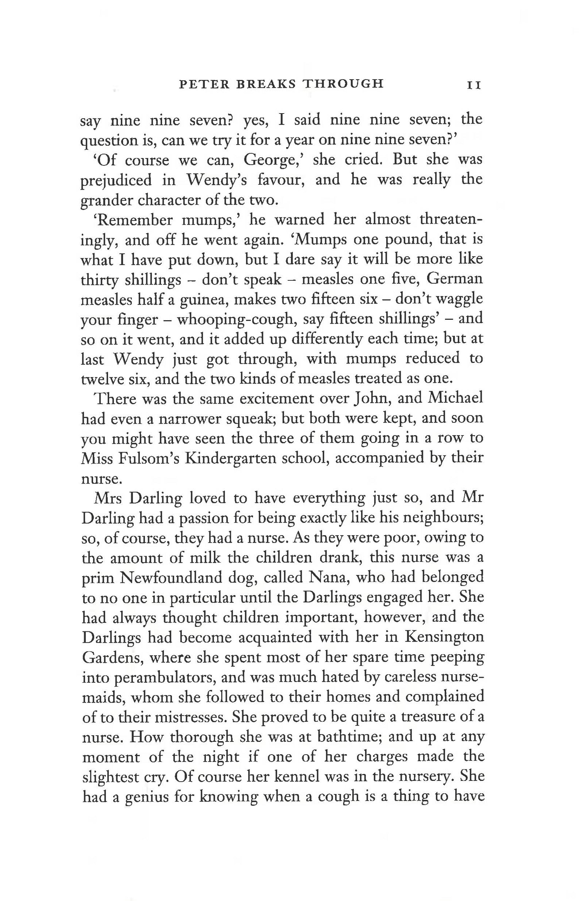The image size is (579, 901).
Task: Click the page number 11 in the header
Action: coord(474,85)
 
